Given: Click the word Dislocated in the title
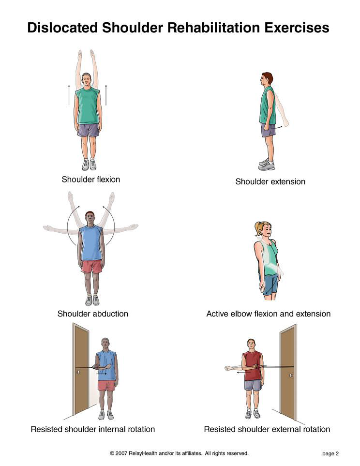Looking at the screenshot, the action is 63,28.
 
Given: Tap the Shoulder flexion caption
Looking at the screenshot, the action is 90,179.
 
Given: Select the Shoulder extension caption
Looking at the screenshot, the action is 270,181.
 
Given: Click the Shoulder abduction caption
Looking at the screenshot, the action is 93,314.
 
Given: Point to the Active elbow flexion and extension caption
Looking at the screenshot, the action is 269,314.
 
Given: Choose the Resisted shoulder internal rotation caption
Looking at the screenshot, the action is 93,429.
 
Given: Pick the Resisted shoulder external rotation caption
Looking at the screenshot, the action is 267,429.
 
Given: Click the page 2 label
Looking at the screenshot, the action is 330,453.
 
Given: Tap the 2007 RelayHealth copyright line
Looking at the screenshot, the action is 179,453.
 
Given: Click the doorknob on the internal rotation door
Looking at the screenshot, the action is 78,372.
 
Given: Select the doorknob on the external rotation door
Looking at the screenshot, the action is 291,376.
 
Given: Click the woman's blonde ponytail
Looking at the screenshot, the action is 258,228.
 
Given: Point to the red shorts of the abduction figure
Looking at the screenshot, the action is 92,266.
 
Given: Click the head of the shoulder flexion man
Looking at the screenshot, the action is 86,80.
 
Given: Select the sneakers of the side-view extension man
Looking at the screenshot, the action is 267,165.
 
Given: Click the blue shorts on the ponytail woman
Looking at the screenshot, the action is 270,285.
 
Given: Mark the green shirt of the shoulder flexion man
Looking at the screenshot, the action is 88,105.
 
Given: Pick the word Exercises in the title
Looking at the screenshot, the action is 297,28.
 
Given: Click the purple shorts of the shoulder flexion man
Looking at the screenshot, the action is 88,130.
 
